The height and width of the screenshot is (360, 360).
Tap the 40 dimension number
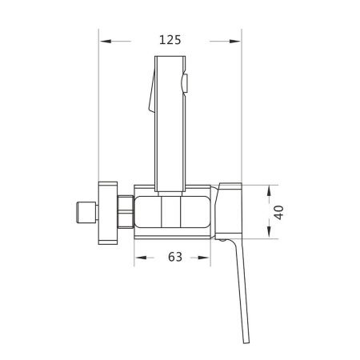[x=277, y=212]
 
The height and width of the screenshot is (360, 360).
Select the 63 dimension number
[x=177, y=258]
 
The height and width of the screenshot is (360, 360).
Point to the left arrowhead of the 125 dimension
[x=104, y=39]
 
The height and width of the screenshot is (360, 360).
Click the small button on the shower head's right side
[x=186, y=81]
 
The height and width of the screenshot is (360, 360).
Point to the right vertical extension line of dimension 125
[x=241, y=104]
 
